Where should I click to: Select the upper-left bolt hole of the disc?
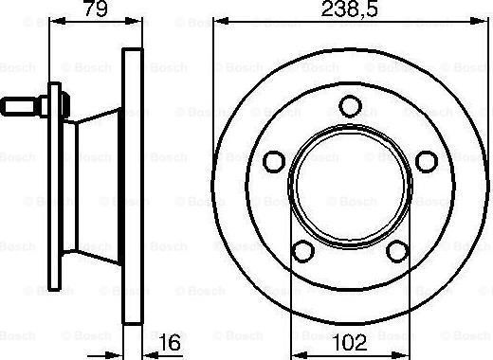tap(274, 158)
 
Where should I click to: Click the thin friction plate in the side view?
tap(135, 189)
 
